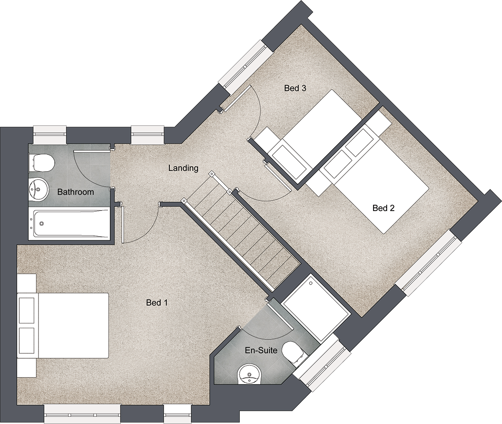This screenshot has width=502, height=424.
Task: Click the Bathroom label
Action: pos(75,192)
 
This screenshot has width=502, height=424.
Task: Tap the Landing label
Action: pos(183,168)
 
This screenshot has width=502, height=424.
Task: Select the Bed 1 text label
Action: pos(157,303)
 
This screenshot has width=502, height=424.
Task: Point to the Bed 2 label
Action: pos(384,208)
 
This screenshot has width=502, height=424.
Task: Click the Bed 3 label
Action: pos(295,88)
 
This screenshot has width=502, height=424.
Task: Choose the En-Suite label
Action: pos(261,350)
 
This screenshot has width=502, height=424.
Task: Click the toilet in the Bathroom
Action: pos(41,163)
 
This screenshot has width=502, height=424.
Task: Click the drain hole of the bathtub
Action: pos(42,224)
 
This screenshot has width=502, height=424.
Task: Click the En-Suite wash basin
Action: pos(249,375)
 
